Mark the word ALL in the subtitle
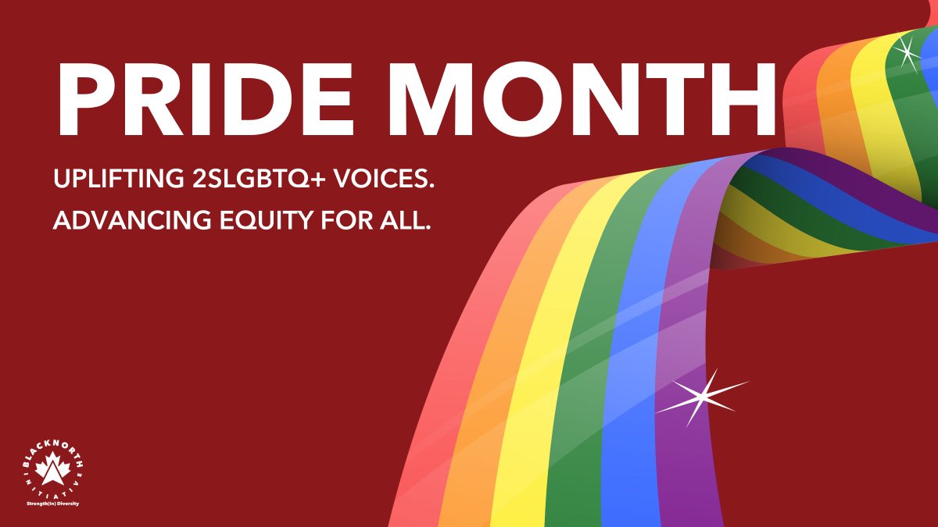[403, 223]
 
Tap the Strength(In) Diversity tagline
[52, 504]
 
